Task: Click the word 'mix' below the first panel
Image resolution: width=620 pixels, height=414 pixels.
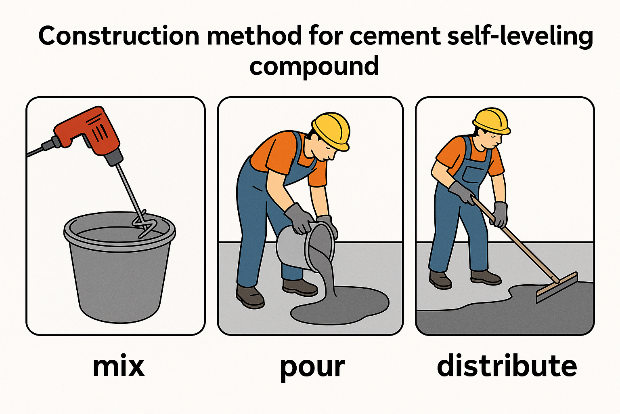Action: point(118,366)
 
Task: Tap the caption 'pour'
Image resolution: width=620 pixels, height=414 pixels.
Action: point(312,367)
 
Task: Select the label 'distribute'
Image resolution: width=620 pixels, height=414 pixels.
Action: point(507,366)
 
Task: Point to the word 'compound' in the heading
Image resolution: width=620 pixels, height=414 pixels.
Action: point(314,66)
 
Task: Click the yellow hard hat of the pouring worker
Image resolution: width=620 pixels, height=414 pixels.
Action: point(331,129)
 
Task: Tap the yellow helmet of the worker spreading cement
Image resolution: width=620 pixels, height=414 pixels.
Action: point(491,120)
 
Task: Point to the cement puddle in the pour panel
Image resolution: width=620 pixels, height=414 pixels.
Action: point(343,307)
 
